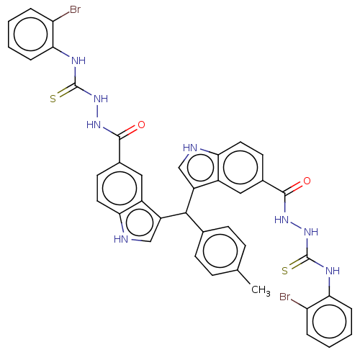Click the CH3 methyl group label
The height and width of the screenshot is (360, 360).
point(261,290)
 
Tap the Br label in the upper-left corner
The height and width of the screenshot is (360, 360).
point(75,9)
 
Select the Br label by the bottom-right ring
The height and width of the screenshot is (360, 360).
point(285,297)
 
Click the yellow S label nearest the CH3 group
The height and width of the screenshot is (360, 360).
point(284,271)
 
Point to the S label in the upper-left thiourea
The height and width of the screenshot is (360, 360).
point(53,99)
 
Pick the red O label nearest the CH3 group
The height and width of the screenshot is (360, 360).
point(307,181)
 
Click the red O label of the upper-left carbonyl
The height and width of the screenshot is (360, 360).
point(141,125)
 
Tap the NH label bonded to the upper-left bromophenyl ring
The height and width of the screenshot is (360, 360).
point(78,60)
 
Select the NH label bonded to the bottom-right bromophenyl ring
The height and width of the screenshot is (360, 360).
point(333,271)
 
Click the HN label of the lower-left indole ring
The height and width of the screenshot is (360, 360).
point(121,239)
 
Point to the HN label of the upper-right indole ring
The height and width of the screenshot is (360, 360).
point(190,148)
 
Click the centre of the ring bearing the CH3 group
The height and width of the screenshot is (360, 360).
point(220,251)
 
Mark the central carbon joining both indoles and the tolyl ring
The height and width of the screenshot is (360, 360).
point(186,212)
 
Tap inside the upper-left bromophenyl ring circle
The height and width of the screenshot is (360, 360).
point(31,34)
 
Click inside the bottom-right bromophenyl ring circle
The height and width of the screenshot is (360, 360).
point(329,321)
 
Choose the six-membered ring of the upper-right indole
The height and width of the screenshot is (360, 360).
point(240,168)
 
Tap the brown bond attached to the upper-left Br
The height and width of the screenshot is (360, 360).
point(61,17)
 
